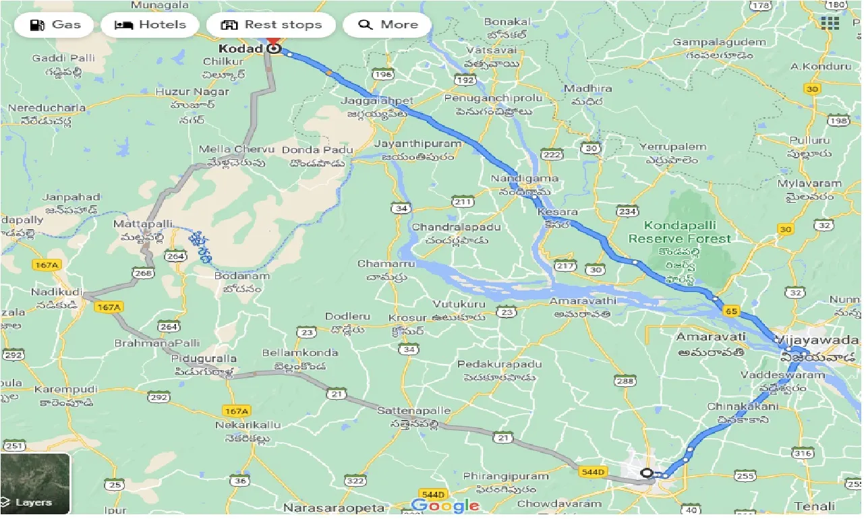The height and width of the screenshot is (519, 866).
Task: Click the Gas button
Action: [x=57, y=25]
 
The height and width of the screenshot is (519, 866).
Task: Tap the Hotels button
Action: [x=150, y=25]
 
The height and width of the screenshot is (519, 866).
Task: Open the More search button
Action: [x=387, y=25]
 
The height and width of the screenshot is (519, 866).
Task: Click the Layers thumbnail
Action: [x=35, y=483]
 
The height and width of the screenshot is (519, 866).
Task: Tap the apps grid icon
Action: [x=830, y=24]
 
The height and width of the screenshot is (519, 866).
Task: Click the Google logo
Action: [x=445, y=506]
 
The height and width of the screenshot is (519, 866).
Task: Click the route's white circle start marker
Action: [x=647, y=473]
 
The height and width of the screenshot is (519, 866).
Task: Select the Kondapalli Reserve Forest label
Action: [x=679, y=232]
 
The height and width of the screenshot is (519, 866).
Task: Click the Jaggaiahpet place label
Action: [x=380, y=101]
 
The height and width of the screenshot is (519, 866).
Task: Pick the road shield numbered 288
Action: [x=625, y=381]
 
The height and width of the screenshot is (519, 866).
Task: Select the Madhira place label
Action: [x=587, y=88]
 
